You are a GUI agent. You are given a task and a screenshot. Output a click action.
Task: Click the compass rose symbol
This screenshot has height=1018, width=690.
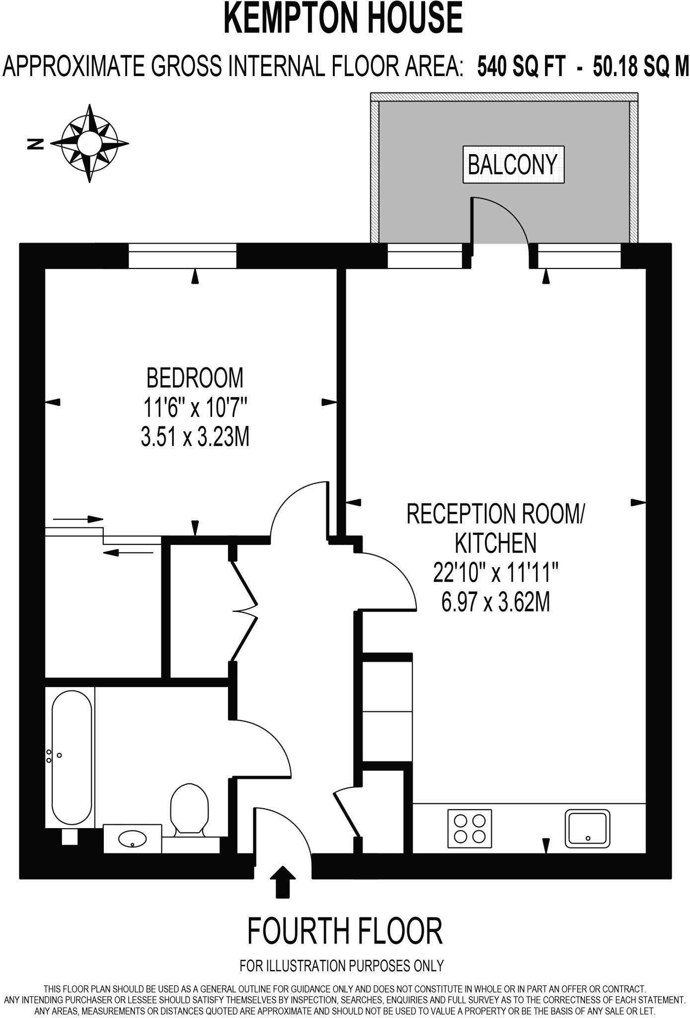89,143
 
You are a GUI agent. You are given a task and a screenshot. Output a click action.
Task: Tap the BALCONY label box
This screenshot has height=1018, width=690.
513,165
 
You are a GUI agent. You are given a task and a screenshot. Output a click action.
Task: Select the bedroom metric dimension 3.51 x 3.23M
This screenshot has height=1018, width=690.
195,438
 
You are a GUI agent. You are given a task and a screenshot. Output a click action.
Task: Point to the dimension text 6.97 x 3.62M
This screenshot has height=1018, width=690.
495,603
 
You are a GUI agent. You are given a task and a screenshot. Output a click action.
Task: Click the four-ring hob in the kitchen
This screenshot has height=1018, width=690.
469,829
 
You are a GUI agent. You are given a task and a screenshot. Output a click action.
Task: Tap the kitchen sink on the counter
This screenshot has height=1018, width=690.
587,828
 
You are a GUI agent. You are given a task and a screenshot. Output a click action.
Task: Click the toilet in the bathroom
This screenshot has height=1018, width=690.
189,810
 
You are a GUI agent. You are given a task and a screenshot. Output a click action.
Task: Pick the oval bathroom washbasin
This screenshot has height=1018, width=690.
133,840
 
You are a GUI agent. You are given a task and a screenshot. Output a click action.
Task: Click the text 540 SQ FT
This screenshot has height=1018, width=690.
521,66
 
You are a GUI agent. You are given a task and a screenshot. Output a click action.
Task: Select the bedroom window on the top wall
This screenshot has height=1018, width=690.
182,255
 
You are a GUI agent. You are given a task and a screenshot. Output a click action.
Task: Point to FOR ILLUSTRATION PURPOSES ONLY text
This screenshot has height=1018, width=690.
341,966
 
